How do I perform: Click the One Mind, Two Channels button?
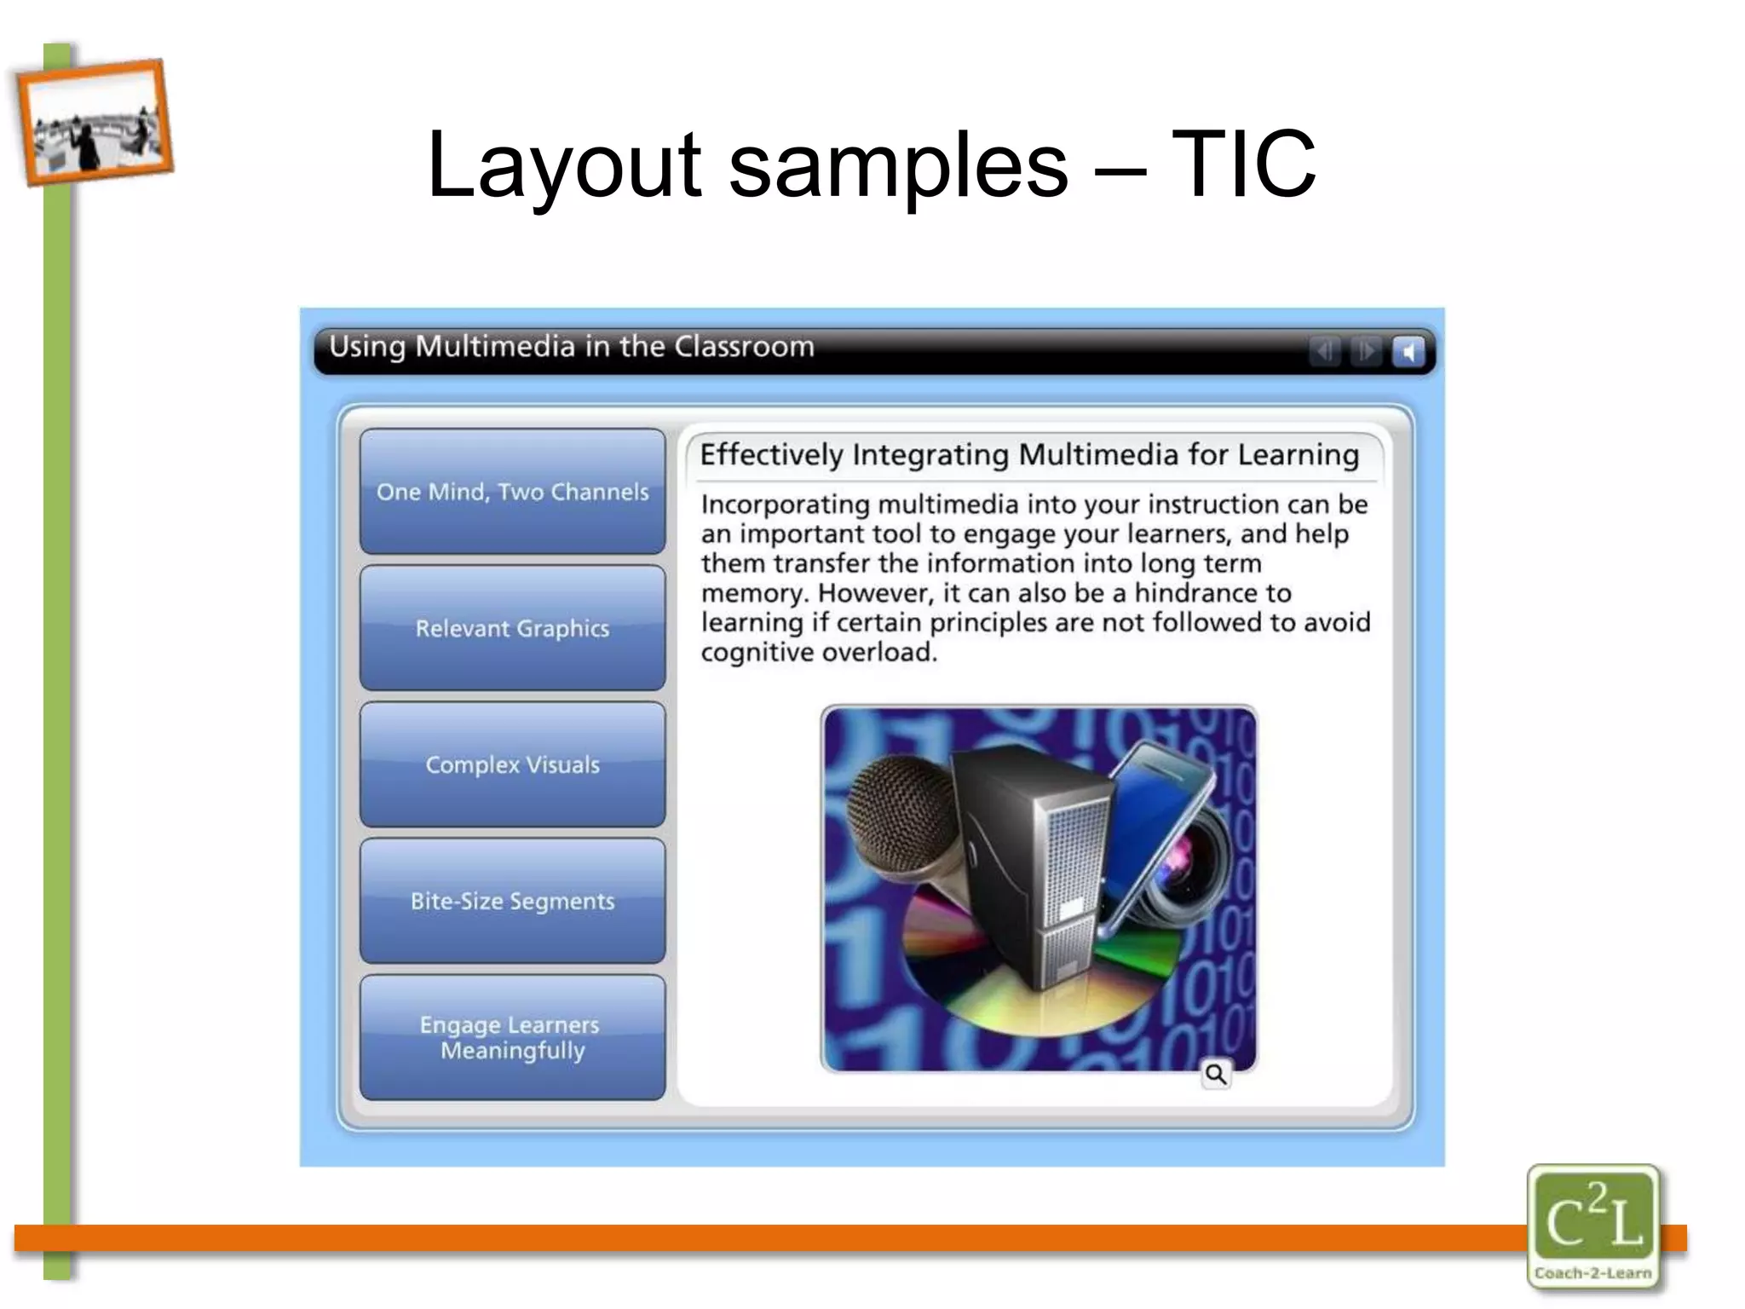(x=512, y=492)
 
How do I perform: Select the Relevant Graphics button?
(x=512, y=628)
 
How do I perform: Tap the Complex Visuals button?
(x=512, y=764)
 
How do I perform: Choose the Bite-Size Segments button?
(x=512, y=901)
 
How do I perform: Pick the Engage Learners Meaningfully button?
(x=512, y=1037)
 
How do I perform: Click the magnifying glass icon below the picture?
(x=1216, y=1075)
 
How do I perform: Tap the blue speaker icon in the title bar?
(x=1408, y=351)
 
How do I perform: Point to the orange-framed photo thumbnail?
(x=94, y=121)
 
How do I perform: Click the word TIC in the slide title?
(x=1243, y=164)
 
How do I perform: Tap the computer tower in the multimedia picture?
(x=1035, y=861)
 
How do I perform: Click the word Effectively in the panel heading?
(x=771, y=455)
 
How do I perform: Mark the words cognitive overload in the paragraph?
(x=819, y=653)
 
